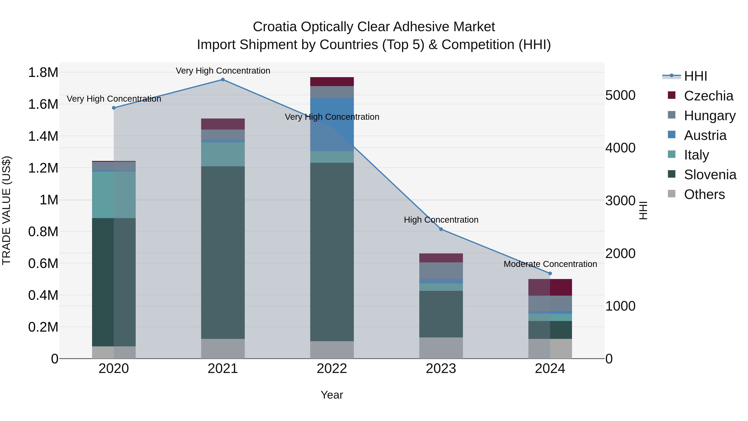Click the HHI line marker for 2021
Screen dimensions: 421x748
coord(223,80)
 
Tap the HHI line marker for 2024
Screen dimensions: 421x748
coord(550,273)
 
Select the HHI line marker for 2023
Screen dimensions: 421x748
coord(441,229)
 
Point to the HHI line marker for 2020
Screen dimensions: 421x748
coord(114,108)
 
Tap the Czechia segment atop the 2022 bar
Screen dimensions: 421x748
coord(332,82)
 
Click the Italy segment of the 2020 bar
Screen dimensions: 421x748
coord(114,195)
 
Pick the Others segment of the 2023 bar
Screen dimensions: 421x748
coord(441,348)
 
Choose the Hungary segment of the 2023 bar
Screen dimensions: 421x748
coord(441,270)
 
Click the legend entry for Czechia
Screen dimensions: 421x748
coord(709,96)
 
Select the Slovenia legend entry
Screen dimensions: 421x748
coord(710,175)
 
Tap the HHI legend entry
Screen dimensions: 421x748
coord(695,76)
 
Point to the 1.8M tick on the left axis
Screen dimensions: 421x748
coord(43,72)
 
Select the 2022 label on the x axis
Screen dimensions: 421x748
coord(332,369)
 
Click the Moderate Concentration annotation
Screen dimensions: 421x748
coord(550,264)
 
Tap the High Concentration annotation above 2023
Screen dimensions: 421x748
coord(441,220)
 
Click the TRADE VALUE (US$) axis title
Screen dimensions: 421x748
coord(6,210)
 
